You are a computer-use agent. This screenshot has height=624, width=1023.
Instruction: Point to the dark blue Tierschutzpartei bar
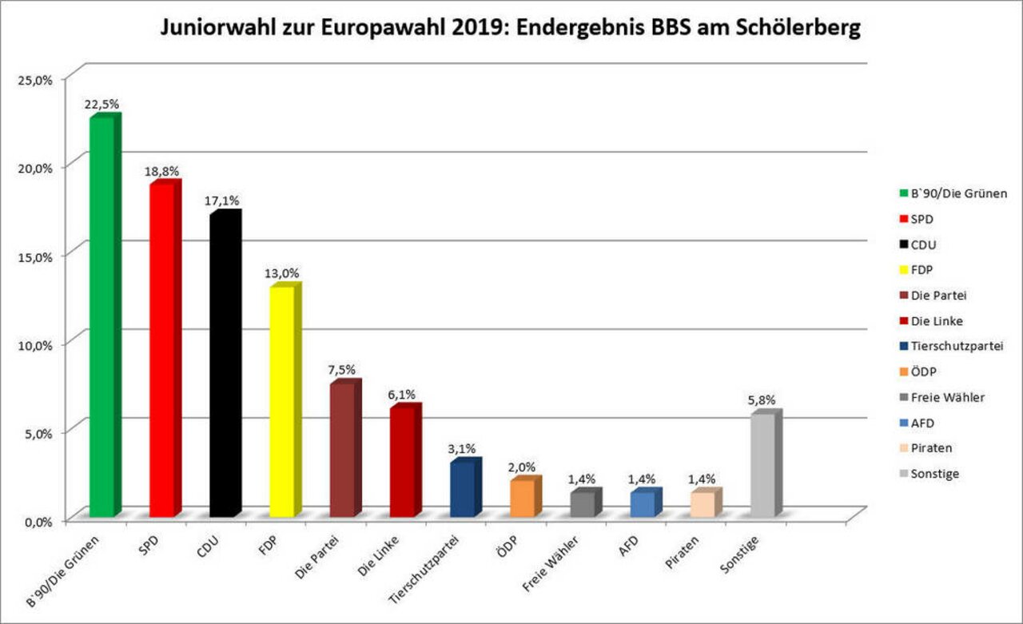462,489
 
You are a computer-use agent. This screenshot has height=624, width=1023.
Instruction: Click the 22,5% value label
104,104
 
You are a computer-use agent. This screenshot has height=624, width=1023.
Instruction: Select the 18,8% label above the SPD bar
162,171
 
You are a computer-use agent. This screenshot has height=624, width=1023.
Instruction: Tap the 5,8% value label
762,401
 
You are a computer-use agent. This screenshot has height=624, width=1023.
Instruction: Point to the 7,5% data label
342,370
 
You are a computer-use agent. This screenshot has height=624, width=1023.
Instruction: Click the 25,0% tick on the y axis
35,79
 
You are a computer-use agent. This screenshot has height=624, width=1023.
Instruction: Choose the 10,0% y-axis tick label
35,345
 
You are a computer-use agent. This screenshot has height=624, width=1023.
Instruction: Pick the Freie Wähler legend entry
947,397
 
